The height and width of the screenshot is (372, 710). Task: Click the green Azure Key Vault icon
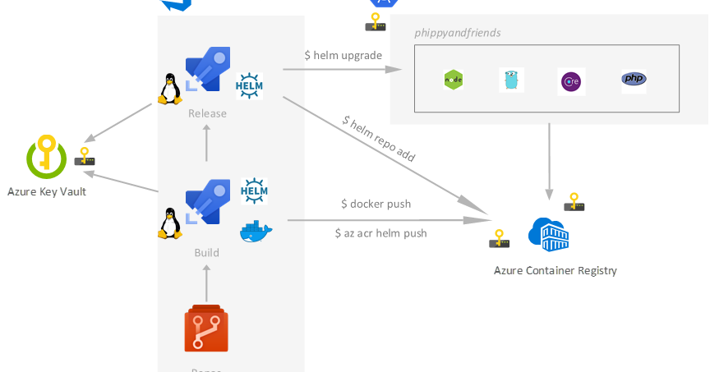point(46,158)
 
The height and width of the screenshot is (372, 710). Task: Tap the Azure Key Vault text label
point(47,191)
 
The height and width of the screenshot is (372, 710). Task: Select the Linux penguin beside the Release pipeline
point(169,89)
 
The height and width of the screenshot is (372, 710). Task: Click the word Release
point(207,113)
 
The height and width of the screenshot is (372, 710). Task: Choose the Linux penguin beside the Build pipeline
point(169,223)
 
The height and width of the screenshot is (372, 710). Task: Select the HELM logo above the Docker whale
point(254,191)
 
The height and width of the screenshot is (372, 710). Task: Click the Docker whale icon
point(256,232)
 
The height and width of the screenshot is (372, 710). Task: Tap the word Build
point(206,252)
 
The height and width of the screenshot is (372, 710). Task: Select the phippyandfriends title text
point(458,33)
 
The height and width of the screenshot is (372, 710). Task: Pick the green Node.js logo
point(454,80)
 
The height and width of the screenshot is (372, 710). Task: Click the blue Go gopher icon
point(511,80)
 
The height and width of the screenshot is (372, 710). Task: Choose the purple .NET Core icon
point(570,81)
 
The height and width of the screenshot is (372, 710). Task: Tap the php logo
point(633,80)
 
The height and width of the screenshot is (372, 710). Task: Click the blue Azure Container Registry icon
point(550,235)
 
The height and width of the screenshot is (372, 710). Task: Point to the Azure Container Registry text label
point(555,270)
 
